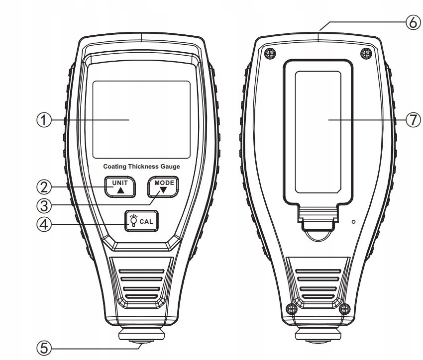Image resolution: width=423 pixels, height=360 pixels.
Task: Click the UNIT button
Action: coord(120,186)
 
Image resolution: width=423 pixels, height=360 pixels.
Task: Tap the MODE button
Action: coord(164,187)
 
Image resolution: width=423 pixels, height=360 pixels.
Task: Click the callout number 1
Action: coord(44,120)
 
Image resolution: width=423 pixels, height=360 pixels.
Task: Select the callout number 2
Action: coord(44,187)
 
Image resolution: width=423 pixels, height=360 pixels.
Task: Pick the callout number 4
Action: coord(44,224)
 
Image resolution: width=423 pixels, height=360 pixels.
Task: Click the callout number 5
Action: coord(44,347)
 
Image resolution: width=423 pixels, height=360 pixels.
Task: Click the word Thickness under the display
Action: coord(142,167)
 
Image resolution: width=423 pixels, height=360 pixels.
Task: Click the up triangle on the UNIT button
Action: coord(120,190)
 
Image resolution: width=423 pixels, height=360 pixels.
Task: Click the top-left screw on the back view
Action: coord(270,53)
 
